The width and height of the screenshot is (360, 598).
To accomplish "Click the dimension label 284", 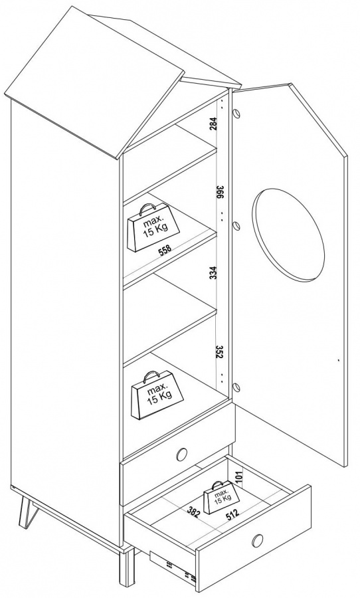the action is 214,124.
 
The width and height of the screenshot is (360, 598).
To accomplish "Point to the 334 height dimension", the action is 214,272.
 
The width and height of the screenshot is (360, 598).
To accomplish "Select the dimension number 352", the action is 219,352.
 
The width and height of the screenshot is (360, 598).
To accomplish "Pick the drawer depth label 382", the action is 193,512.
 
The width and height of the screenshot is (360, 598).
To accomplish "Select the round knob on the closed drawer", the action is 182,454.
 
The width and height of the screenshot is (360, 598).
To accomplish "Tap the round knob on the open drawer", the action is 258,540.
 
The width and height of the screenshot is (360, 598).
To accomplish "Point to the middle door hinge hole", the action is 236,226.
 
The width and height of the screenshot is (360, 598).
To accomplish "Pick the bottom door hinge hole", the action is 237,387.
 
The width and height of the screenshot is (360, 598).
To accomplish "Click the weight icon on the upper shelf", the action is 153,227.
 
